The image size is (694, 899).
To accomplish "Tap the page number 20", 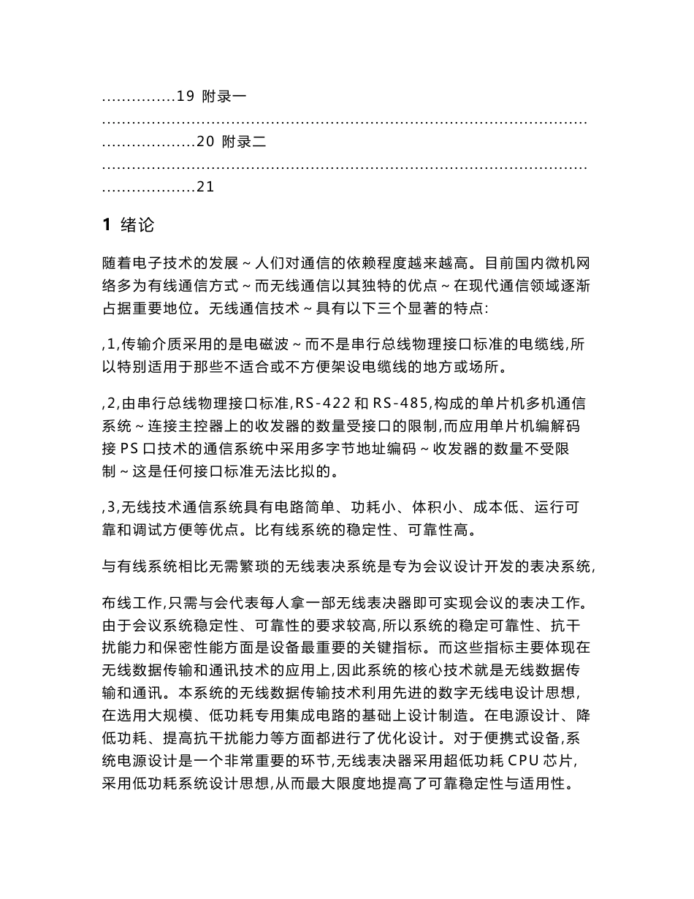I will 205,143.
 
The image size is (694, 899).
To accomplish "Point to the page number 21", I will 205,188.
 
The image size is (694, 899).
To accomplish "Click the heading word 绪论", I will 137,225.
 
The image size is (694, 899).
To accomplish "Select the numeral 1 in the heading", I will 105,225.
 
